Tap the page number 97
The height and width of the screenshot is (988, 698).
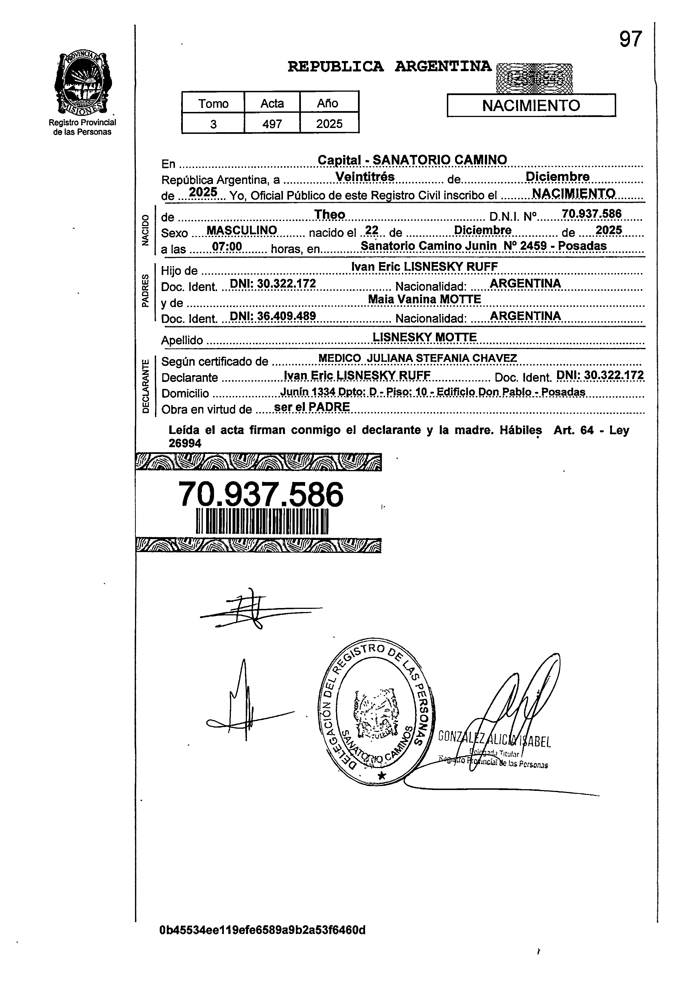pos(631,40)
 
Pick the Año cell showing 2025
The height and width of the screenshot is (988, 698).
pos(329,124)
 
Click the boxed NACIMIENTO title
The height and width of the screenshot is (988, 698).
pos(531,105)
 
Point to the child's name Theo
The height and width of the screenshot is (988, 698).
pos(330,214)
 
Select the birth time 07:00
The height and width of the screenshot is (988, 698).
pos(227,247)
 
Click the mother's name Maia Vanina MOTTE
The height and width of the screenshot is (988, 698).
pos(424,299)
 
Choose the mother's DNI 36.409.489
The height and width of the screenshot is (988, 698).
pos(273,316)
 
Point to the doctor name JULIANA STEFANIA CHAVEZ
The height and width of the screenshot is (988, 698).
pos(442,358)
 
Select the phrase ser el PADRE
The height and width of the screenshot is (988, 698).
pos(312,407)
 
